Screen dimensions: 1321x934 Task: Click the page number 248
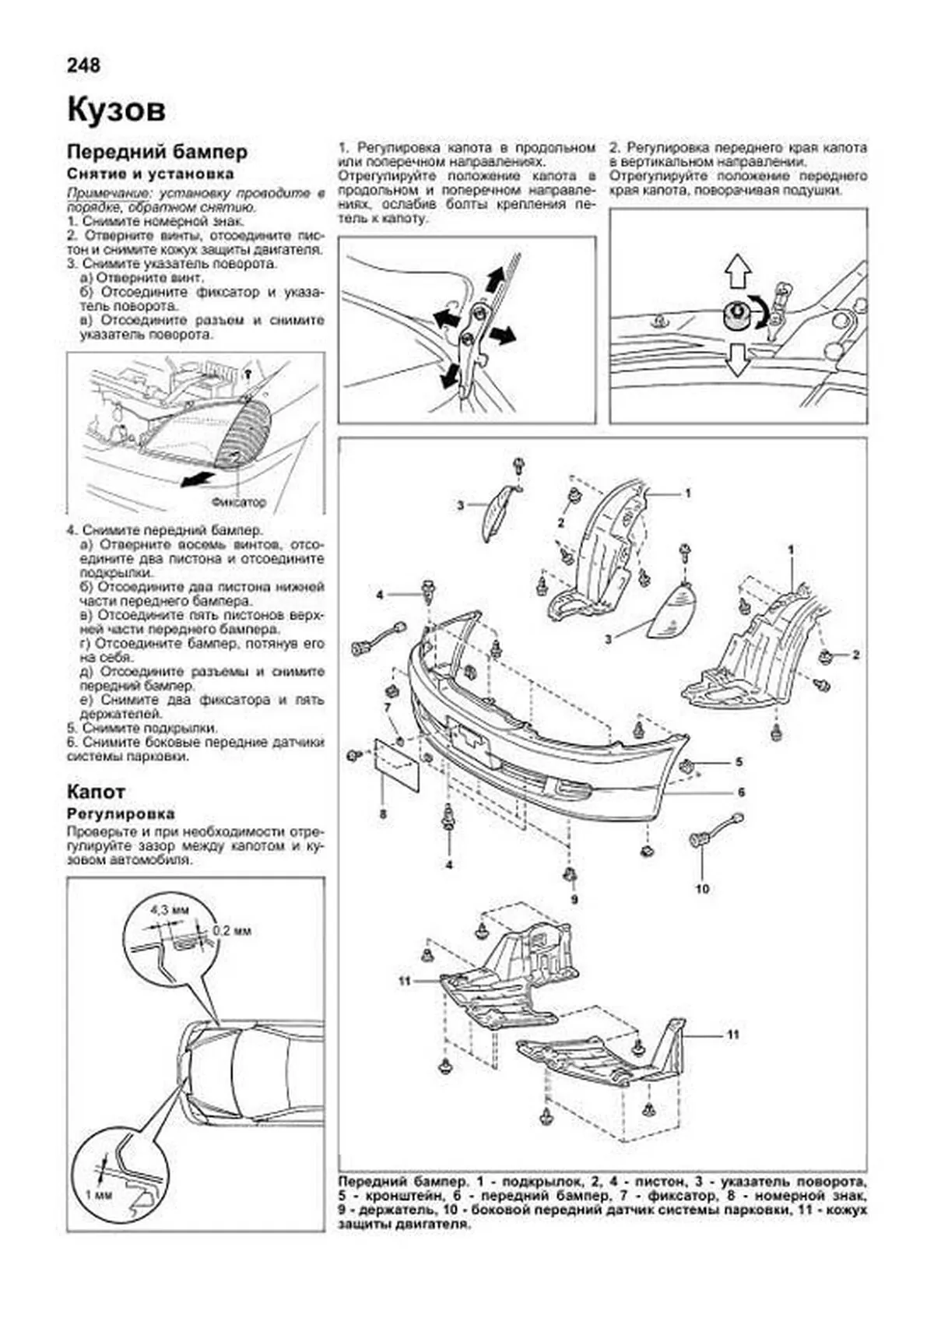[x=83, y=65]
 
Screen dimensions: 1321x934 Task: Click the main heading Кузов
[x=117, y=110]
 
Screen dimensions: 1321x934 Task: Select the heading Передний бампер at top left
[x=157, y=151]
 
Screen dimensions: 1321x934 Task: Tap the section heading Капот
[x=96, y=792]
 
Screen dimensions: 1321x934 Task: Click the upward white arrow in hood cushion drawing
[x=736, y=272]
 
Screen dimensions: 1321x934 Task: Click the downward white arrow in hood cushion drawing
[x=736, y=360]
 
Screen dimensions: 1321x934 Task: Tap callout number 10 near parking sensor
[x=702, y=888]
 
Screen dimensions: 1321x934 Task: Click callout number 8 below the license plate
[x=382, y=814]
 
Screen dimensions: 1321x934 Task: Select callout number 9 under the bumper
[x=574, y=900]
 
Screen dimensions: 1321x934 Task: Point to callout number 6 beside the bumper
[x=741, y=792]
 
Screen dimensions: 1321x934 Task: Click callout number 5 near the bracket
[x=739, y=762]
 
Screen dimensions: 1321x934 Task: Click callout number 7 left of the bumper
[x=387, y=707]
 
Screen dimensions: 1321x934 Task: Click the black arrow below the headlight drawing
[x=197, y=478]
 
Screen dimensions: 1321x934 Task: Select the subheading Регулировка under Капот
[x=121, y=815]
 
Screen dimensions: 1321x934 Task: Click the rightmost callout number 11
[x=732, y=1035]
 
